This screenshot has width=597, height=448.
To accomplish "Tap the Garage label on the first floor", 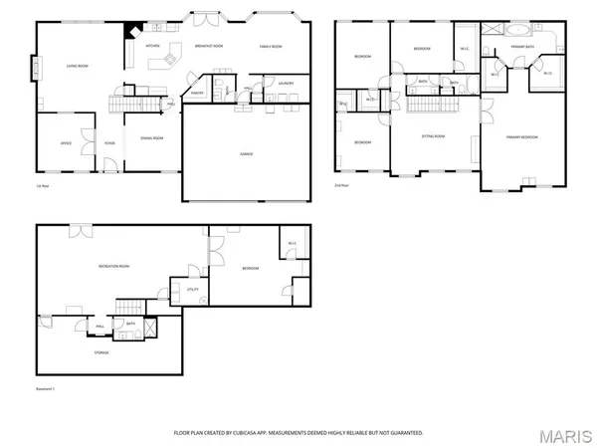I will (245, 154).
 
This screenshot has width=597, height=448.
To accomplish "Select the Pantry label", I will (197, 94).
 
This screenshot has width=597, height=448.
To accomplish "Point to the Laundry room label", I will (286, 84).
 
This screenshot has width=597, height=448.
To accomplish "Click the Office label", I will (66, 143).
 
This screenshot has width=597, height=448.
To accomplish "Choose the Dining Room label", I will (151, 138).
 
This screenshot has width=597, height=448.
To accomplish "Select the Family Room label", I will (272, 46).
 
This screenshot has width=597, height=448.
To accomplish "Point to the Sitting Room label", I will (434, 136).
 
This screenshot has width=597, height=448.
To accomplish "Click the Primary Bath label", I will (523, 46).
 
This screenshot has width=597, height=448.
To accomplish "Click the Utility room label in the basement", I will (194, 290).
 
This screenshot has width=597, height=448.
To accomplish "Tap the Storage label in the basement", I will (101, 352).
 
